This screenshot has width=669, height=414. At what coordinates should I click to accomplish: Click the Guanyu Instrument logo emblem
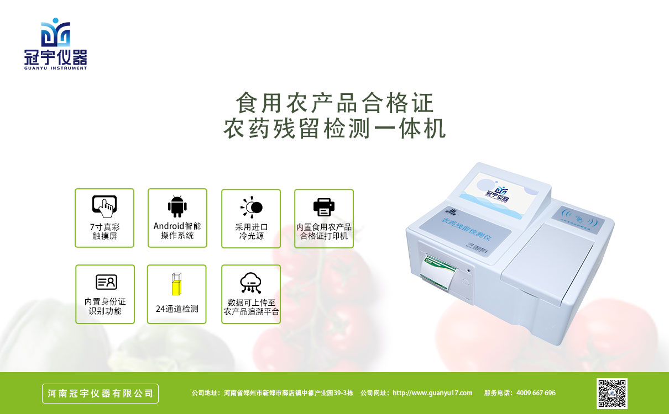(55, 32)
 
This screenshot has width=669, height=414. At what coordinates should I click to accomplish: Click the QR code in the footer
(611, 393)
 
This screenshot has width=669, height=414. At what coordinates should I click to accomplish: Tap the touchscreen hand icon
(104, 205)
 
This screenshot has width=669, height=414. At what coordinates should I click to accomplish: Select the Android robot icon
(177, 206)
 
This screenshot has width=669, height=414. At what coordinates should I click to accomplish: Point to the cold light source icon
(252, 207)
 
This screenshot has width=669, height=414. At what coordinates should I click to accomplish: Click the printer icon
(324, 207)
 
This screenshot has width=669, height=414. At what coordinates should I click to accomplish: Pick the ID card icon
(106, 282)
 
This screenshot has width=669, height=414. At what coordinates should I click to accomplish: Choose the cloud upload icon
(251, 283)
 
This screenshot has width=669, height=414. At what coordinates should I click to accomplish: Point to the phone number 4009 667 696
(536, 393)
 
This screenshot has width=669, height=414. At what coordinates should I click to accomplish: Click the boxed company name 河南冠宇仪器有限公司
(101, 394)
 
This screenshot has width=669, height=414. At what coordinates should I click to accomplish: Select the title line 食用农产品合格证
(334, 103)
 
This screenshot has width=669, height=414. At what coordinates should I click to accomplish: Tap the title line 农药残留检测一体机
(334, 129)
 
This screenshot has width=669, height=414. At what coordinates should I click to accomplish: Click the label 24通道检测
(177, 309)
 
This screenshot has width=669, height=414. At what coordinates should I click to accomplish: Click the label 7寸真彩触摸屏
(104, 232)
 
